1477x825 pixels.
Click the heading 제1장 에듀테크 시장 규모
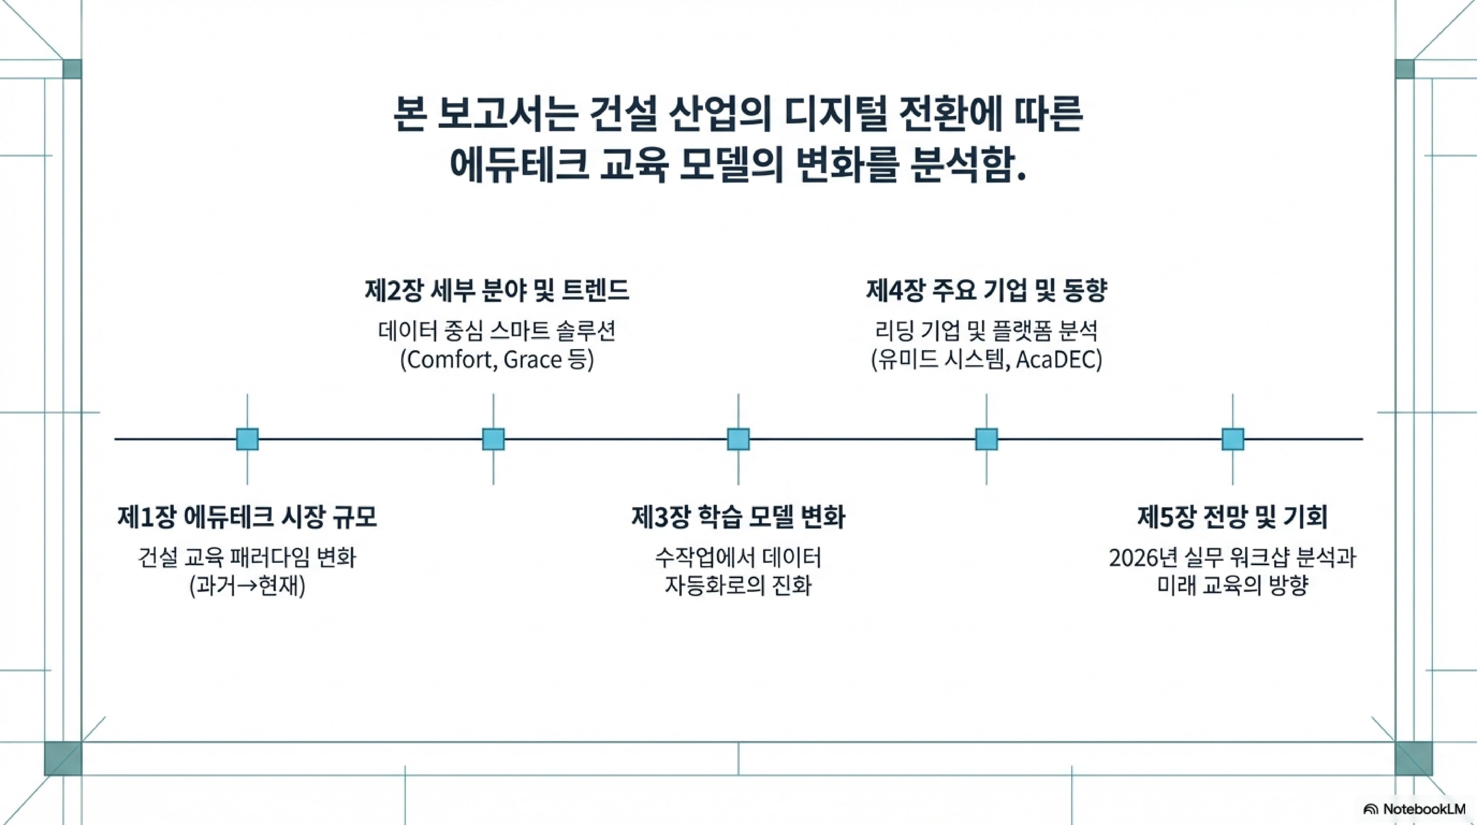pos(247,517)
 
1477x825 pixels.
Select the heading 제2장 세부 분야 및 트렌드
pos(496,290)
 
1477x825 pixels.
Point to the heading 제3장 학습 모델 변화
pos(738,517)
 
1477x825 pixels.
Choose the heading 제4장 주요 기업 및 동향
pos(986,290)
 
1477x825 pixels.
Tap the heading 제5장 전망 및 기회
pos(1232,517)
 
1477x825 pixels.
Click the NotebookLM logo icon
pos(1370,809)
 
